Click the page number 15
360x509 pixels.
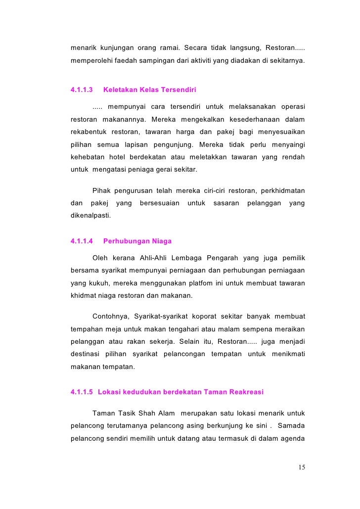pyautogui.click(x=302, y=467)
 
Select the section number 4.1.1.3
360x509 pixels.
pyautogui.click(x=82, y=91)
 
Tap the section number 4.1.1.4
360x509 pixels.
pyautogui.click(x=82, y=241)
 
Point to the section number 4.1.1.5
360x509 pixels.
pyautogui.click(x=82, y=392)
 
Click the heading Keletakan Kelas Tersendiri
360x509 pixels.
pyautogui.click(x=149, y=91)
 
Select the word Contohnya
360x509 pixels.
pyautogui.click(x=110, y=316)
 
